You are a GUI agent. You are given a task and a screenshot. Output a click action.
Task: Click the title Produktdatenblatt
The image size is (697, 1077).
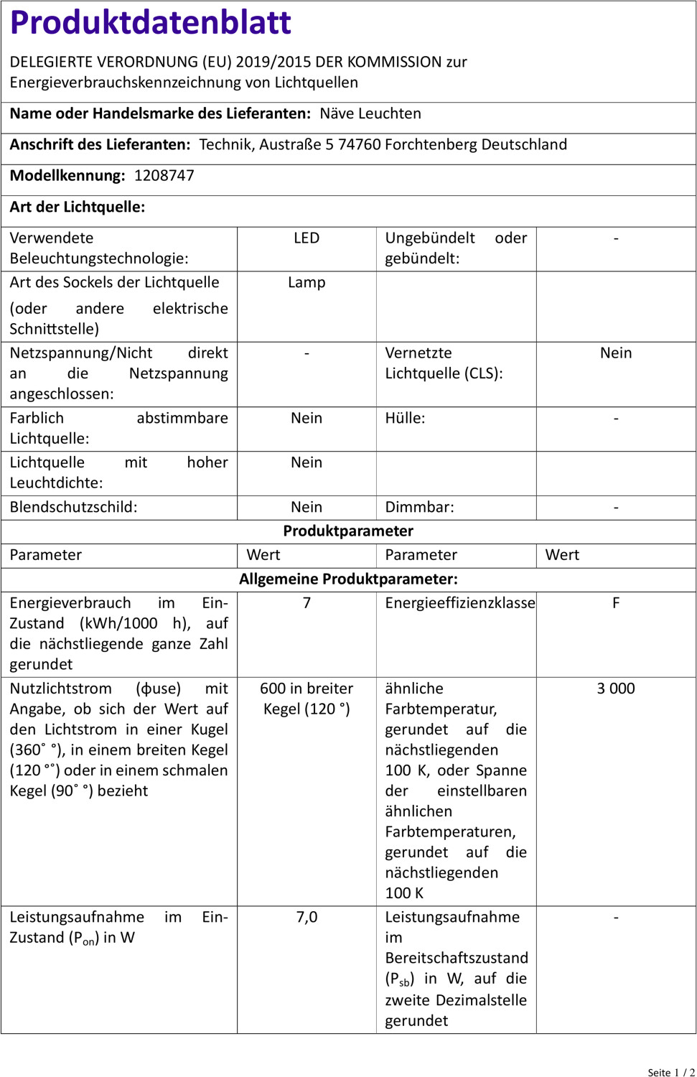(x=150, y=23)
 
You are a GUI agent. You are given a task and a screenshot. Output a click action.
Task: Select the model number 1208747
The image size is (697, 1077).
(x=164, y=176)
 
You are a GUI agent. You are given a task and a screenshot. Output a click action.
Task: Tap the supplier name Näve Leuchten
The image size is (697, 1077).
(x=370, y=113)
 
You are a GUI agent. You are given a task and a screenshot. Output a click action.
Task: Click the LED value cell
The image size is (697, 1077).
(x=307, y=238)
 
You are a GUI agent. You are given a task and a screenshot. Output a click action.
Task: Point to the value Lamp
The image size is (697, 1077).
(x=307, y=283)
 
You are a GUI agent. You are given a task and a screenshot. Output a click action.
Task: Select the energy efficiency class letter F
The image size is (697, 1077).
(x=616, y=603)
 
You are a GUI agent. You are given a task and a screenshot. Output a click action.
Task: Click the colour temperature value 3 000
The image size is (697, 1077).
(x=616, y=689)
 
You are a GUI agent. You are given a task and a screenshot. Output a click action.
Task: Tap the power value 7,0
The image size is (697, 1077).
(x=307, y=918)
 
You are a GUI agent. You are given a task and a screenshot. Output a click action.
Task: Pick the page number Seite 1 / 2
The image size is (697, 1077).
(x=670, y=1072)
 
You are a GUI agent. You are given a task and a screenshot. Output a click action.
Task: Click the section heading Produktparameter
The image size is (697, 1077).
(x=348, y=531)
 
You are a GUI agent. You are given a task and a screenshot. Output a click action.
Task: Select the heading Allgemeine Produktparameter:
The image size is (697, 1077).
(x=348, y=579)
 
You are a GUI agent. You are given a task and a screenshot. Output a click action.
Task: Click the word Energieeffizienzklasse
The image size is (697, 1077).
(x=459, y=603)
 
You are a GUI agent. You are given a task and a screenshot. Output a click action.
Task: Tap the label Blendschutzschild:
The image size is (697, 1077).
(x=73, y=507)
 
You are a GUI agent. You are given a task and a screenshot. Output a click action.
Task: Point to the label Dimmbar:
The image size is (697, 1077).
(x=419, y=507)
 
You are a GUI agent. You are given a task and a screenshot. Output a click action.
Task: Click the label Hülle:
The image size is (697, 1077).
(x=405, y=419)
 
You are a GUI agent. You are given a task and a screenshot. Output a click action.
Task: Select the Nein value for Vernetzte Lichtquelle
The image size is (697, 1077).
(x=616, y=353)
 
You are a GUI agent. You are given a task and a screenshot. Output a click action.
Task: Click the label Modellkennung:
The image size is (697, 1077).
(x=67, y=176)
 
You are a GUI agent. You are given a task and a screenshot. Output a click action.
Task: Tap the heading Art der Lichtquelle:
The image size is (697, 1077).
(x=77, y=208)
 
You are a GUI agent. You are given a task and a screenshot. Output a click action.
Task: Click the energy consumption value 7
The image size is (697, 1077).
(x=307, y=603)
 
